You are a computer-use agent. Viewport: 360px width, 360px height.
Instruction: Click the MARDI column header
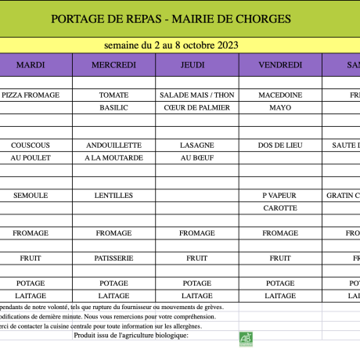(31, 64)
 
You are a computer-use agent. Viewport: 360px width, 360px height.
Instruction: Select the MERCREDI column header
(114, 64)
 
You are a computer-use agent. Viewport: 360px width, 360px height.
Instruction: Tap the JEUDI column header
(197, 64)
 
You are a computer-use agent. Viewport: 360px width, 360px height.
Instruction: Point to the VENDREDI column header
(279, 64)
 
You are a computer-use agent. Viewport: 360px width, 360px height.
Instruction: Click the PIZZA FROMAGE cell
(31, 95)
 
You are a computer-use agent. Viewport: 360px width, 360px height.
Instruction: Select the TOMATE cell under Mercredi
(114, 95)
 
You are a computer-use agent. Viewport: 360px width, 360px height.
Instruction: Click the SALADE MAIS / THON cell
(197, 95)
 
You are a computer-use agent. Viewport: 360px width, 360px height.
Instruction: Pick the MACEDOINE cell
(279, 95)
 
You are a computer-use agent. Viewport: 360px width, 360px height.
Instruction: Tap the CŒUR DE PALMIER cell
(197, 107)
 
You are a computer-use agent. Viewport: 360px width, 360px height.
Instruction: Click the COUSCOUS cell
(31, 145)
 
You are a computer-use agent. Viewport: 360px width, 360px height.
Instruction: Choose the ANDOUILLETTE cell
(114, 145)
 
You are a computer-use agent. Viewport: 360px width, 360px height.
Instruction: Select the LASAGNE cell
(197, 145)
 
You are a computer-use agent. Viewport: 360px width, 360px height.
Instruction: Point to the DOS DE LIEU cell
(279, 145)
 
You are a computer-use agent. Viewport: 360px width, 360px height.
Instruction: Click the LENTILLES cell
(114, 195)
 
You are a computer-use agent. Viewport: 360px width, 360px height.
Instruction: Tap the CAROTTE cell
(279, 207)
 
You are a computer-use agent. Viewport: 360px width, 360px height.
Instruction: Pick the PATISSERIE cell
(114, 257)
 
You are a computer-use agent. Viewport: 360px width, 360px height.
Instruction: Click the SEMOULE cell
(31, 195)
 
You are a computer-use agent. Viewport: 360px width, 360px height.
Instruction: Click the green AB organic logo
(247, 337)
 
